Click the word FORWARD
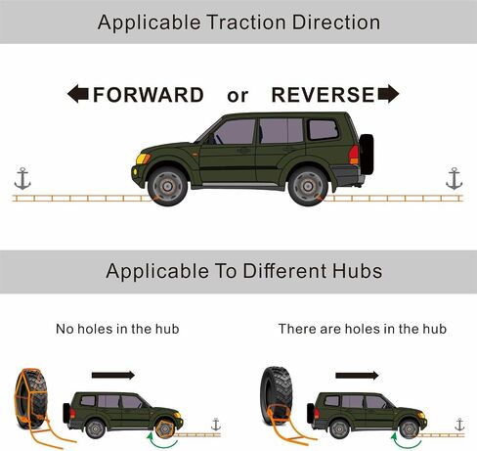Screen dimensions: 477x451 pyautogui.click(x=149, y=95)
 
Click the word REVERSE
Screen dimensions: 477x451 pyautogui.click(x=323, y=95)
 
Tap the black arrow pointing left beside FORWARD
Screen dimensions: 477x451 pyautogui.click(x=78, y=94)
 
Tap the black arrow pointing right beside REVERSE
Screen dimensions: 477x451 pyautogui.click(x=388, y=94)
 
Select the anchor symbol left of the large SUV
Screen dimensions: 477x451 pyautogui.click(x=22, y=179)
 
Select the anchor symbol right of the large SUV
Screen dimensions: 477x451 pyautogui.click(x=455, y=179)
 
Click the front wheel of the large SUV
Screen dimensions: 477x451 pyautogui.click(x=167, y=186)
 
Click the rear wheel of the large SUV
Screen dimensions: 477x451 pyautogui.click(x=308, y=186)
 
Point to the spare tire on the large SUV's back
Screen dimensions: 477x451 pyautogui.click(x=367, y=154)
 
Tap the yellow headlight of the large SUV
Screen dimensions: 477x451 pyautogui.click(x=143, y=158)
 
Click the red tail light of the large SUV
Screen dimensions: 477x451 pyautogui.click(x=354, y=155)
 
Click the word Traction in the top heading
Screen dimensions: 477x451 pyautogui.click(x=246, y=23)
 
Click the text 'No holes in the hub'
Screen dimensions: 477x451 pyautogui.click(x=117, y=329)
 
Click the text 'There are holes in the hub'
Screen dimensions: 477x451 pyautogui.click(x=363, y=329)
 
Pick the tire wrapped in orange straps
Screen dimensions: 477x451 pyautogui.click(x=31, y=398)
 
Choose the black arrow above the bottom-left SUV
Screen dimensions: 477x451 pyautogui.click(x=113, y=375)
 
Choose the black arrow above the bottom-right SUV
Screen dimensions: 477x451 pyautogui.click(x=357, y=376)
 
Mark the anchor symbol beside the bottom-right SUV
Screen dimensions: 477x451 pyautogui.click(x=459, y=425)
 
